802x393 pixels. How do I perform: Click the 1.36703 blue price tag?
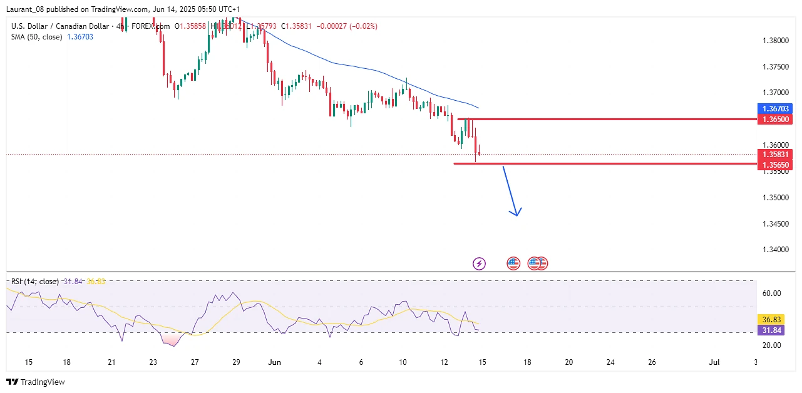(x=775, y=108)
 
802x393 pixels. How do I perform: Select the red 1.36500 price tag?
(x=775, y=119)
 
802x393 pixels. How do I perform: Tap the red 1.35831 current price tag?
(x=775, y=154)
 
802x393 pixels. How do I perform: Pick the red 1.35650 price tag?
(x=775, y=165)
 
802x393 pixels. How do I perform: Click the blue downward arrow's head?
(x=515, y=212)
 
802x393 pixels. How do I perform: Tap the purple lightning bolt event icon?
(x=479, y=263)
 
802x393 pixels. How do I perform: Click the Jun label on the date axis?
(x=274, y=362)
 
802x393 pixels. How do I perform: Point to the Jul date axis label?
(x=714, y=362)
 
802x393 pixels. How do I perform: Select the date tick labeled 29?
(x=236, y=362)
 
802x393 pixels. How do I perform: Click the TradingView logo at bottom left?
(x=36, y=382)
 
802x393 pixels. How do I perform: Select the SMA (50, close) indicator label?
(x=37, y=37)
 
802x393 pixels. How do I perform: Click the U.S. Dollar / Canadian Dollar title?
(x=60, y=26)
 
